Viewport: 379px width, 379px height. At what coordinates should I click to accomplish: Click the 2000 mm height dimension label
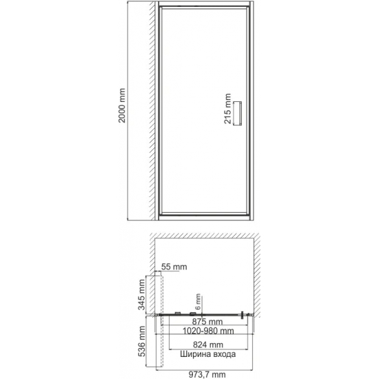point(123,109)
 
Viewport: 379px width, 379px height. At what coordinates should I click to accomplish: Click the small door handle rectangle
point(238,112)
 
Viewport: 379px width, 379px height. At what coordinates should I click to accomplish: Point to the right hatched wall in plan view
point(261,276)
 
